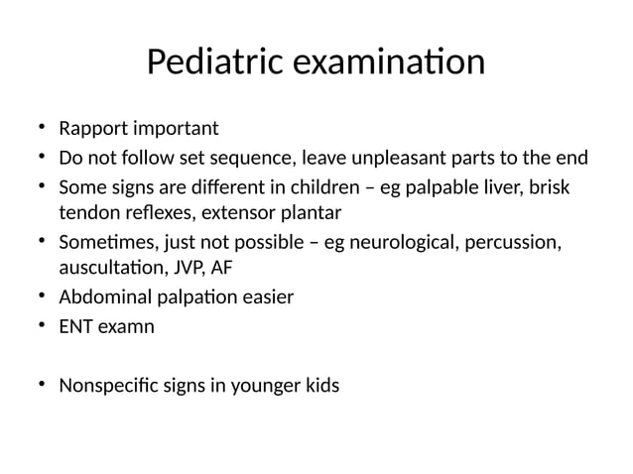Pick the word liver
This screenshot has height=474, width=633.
click(x=507, y=185)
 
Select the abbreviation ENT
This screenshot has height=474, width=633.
click(x=75, y=324)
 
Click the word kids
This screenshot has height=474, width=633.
click(x=319, y=384)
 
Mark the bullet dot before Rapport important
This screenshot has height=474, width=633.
click(x=41, y=129)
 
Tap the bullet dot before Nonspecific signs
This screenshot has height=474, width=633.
click(x=41, y=384)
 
